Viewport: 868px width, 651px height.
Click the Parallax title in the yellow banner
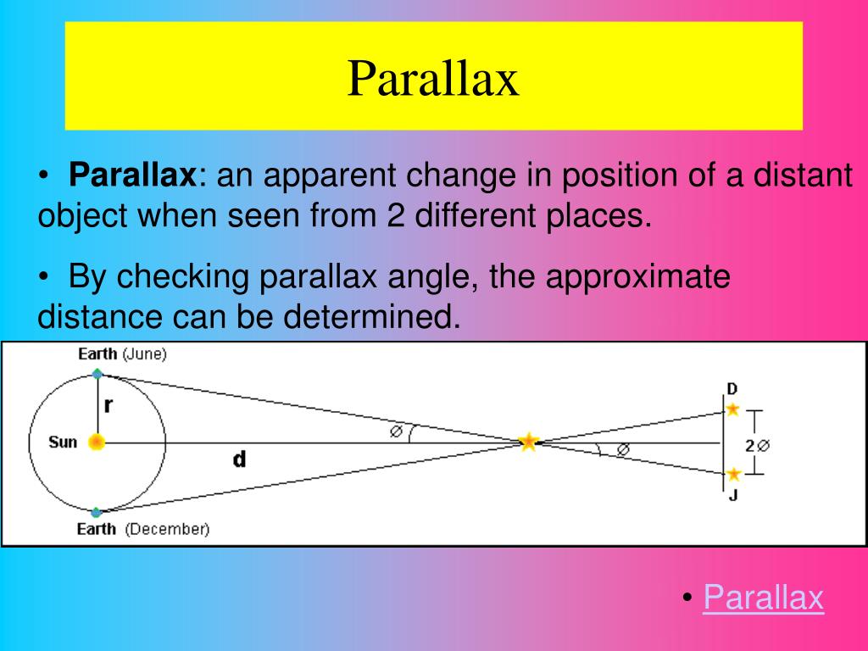[x=433, y=79]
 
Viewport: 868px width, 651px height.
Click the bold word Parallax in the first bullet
[x=132, y=175]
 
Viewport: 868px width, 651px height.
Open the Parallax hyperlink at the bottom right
[x=764, y=597]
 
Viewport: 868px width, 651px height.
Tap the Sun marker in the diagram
[x=97, y=442]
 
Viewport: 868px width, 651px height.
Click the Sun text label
[x=63, y=442]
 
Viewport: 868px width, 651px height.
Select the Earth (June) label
[x=122, y=353]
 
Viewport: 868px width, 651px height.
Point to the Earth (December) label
[x=143, y=529]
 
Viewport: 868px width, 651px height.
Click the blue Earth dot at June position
[x=97, y=374]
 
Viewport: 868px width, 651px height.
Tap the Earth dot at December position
[x=97, y=512]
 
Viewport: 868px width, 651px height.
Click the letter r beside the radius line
[x=108, y=406]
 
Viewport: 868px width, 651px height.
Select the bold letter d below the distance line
[x=239, y=459]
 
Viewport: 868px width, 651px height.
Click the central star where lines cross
[x=529, y=442]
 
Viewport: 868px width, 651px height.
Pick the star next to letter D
[x=733, y=409]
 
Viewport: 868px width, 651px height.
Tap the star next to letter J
[x=733, y=475]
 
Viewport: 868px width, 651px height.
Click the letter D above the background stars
[x=732, y=389]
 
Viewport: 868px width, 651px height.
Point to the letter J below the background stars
[x=733, y=494]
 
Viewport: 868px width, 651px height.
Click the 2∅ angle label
[x=757, y=445]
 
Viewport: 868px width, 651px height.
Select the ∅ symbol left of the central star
[x=396, y=431]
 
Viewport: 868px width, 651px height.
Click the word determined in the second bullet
[x=372, y=317]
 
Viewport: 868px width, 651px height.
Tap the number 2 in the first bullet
[x=396, y=215]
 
